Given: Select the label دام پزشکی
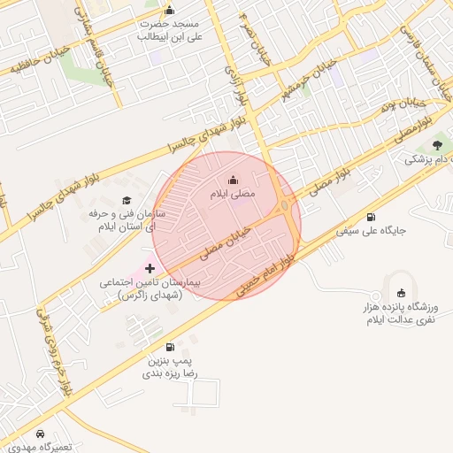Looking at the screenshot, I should [x=427, y=159].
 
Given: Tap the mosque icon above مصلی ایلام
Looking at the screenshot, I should [x=233, y=180].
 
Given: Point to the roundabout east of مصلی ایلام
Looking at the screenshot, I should [x=286, y=206].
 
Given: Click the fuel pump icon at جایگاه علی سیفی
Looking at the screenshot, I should [x=369, y=217].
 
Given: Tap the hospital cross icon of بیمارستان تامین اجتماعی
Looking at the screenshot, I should [x=150, y=267].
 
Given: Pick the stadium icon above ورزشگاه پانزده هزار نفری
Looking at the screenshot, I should [x=401, y=293].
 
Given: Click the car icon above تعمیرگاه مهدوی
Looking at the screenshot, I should [x=41, y=434].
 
